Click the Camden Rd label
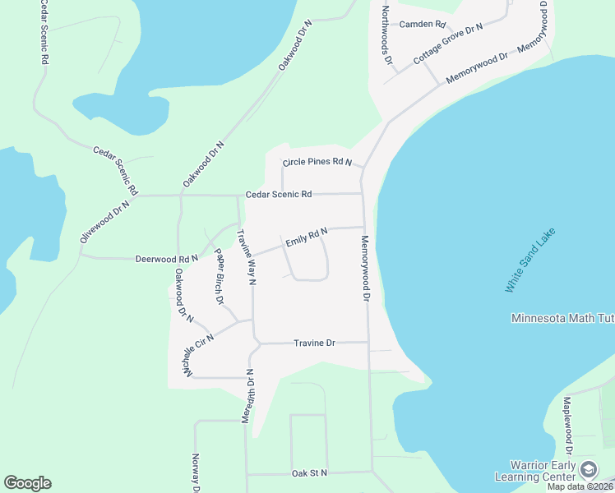pyautogui.click(x=422, y=24)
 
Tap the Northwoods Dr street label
pyautogui.click(x=385, y=37)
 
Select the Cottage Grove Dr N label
pyautogui.click(x=449, y=44)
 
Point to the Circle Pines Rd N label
pyautogui.click(x=317, y=163)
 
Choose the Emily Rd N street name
pyautogui.click(x=307, y=238)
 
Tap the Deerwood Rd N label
pyautogui.click(x=167, y=259)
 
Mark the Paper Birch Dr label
pyautogui.click(x=219, y=276)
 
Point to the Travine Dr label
pyautogui.click(x=315, y=343)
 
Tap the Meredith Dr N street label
pyautogui.click(x=247, y=397)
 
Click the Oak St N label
pyautogui.click(x=309, y=473)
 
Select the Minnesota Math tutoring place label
pyautogui.click(x=562, y=319)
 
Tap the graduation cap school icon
pyautogui.click(x=589, y=470)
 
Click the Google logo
pyautogui.click(x=27, y=483)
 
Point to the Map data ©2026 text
pyautogui.click(x=580, y=486)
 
